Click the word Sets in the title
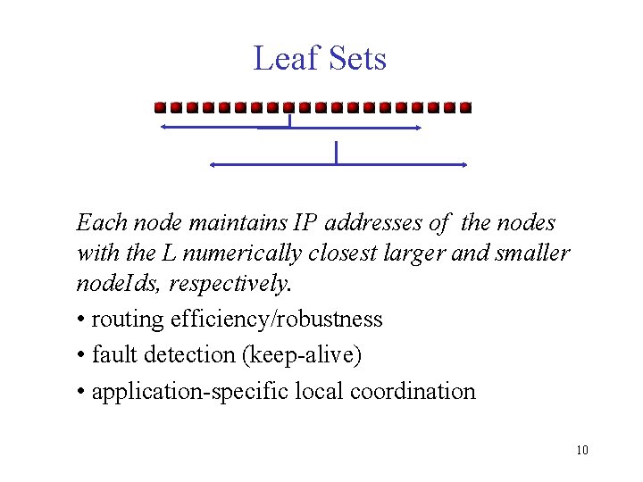355,59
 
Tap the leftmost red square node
160,108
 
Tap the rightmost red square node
464,108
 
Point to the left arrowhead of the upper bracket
164,128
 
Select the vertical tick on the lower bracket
336,153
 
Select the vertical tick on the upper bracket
290,120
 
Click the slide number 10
582,450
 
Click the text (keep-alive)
302,355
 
